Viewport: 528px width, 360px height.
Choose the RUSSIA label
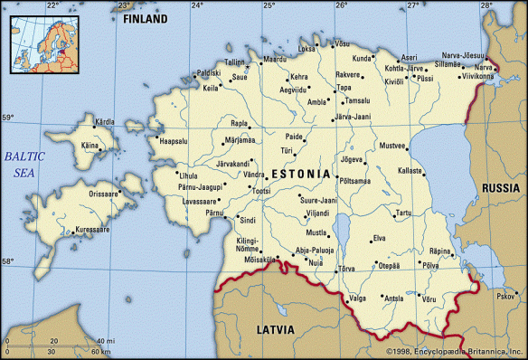point(501,187)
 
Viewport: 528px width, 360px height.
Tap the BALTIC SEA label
point(24,163)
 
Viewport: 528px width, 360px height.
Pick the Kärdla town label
point(105,121)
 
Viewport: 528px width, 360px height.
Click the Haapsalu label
point(174,140)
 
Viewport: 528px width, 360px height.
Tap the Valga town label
point(358,297)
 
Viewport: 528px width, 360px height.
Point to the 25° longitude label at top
point(269,5)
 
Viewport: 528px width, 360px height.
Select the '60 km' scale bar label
point(100,350)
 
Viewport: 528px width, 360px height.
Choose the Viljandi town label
point(317,213)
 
